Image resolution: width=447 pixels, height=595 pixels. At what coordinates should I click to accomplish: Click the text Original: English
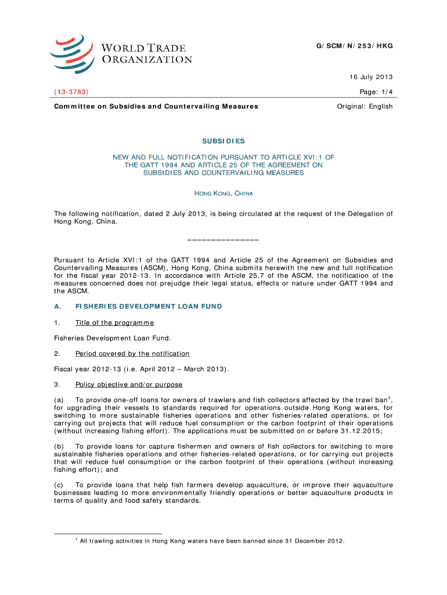[365, 106]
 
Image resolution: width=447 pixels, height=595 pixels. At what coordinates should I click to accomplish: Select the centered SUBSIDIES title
[223, 141]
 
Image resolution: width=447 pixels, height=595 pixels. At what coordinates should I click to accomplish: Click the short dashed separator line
[223, 239]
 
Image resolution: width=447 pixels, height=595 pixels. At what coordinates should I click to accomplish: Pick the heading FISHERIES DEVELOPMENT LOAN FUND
[149, 306]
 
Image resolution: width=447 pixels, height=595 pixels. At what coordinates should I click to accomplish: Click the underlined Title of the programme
[114, 322]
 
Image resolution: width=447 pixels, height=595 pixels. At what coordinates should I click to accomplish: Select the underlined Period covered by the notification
[132, 353]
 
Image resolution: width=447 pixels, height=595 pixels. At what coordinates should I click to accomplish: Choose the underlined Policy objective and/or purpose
[129, 385]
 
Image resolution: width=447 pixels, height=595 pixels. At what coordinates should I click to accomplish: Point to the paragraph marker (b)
[59, 446]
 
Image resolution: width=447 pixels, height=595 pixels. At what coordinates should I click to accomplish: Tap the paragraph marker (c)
[59, 485]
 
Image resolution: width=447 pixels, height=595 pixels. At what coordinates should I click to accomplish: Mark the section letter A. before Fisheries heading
[57, 306]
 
